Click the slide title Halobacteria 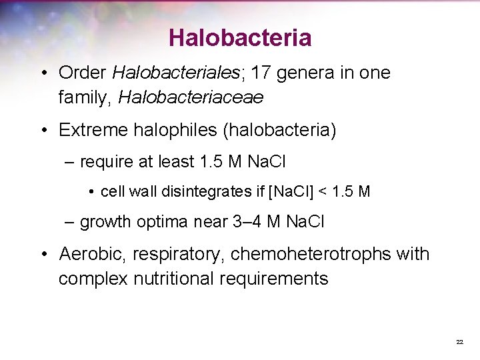pyautogui.click(x=239, y=37)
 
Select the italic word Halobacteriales pyautogui.click(x=171, y=73)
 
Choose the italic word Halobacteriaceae pyautogui.click(x=191, y=97)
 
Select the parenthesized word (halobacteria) pyautogui.click(x=280, y=130)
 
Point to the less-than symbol pyautogui.click(x=323, y=192)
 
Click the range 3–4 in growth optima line pyautogui.click(x=246, y=222)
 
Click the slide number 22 pyautogui.click(x=459, y=342)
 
